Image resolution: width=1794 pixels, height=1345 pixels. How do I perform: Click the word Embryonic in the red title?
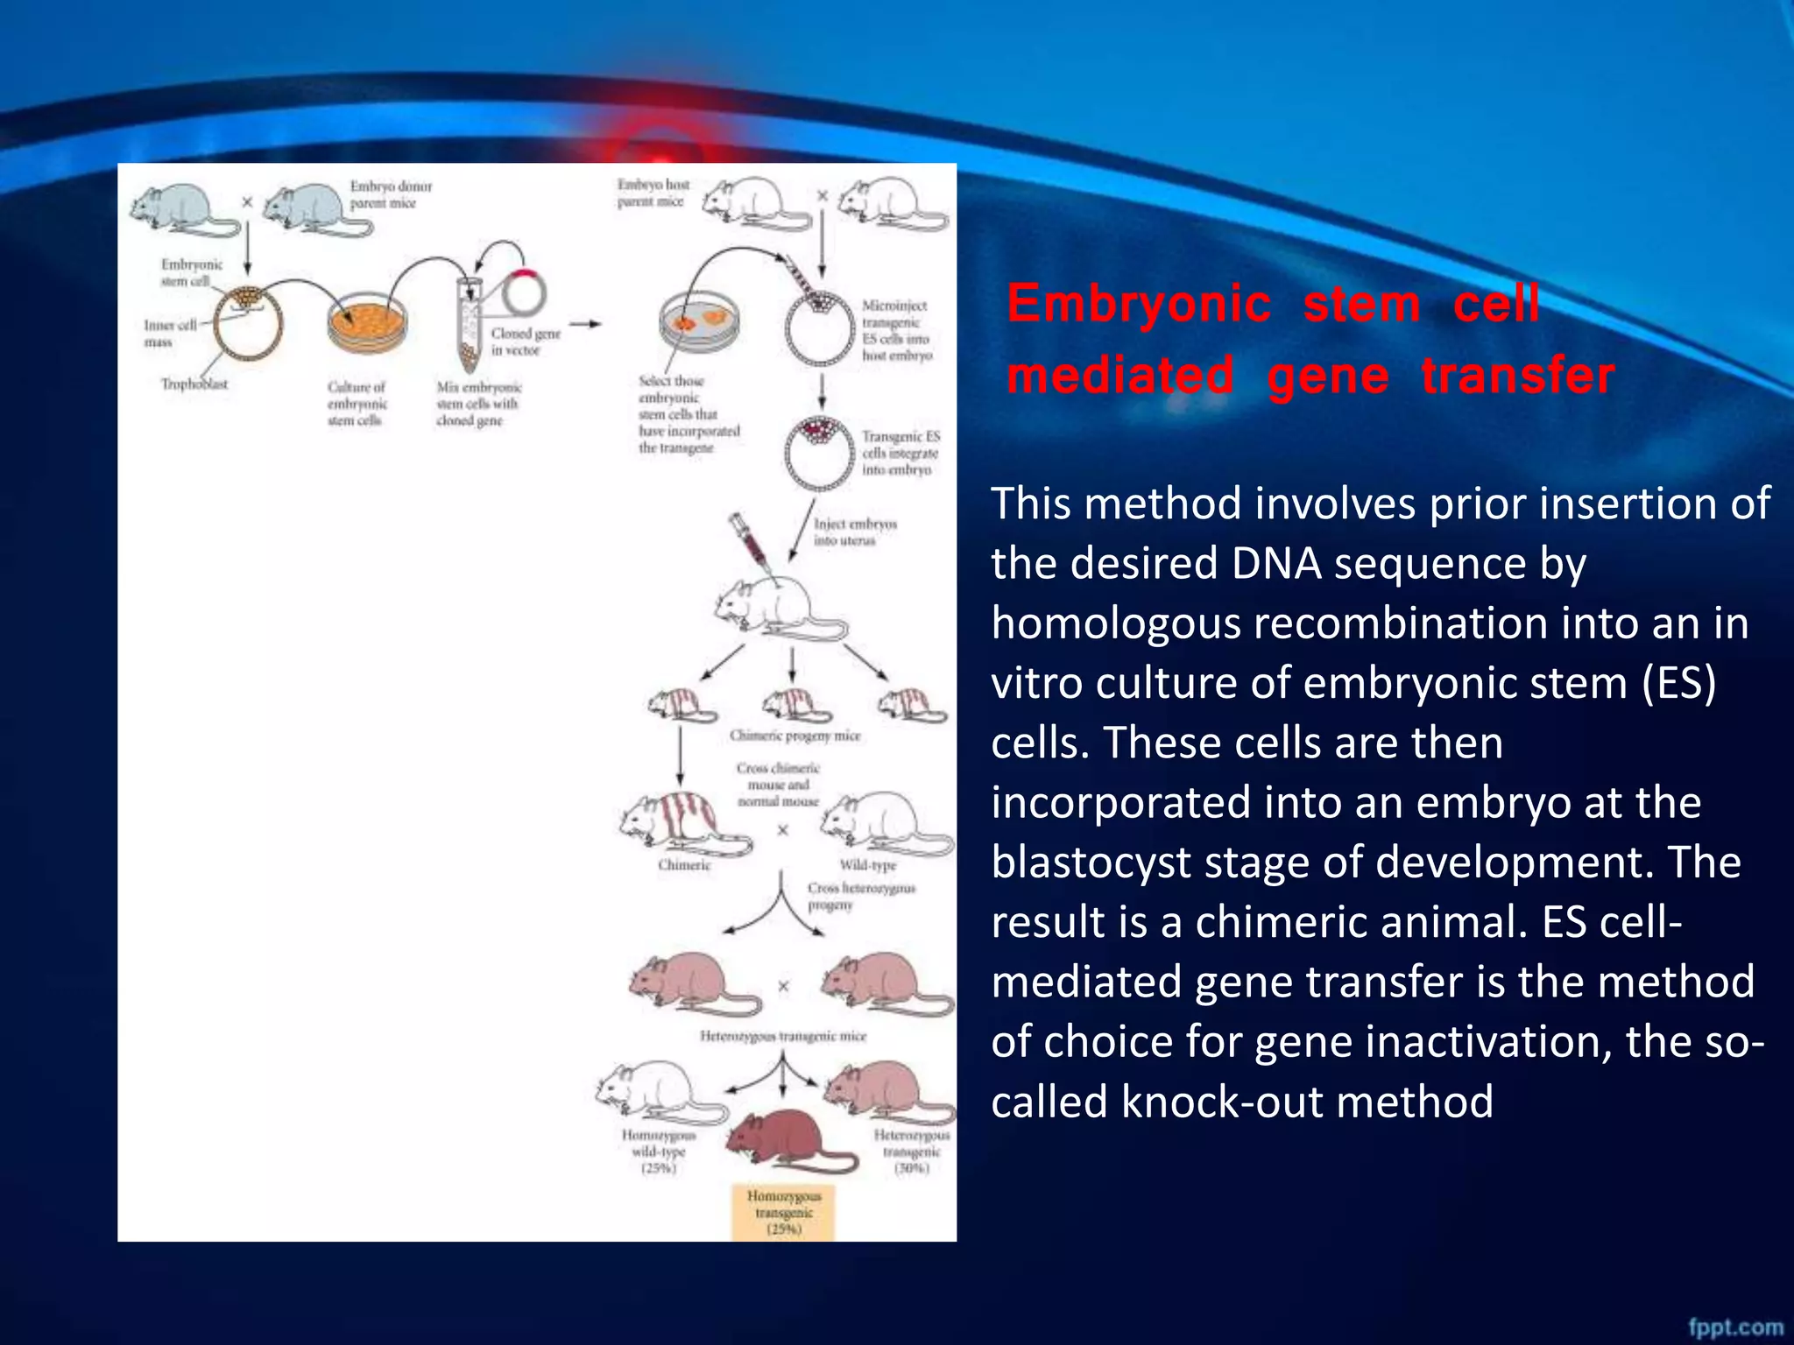coord(1138,304)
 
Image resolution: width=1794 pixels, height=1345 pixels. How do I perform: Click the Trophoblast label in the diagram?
coord(194,384)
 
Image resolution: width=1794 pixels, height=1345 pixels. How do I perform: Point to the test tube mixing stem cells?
coord(470,324)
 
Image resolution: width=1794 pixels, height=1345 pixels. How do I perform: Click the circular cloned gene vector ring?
coord(524,294)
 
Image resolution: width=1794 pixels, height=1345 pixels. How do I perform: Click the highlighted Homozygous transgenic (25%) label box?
coord(784,1212)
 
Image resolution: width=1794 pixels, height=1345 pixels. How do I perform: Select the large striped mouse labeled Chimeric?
coord(679,823)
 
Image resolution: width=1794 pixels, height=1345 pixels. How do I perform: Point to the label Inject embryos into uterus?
coord(854,532)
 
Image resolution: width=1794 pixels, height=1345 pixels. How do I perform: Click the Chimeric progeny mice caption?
coord(795,736)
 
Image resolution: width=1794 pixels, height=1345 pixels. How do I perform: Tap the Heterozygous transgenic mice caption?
coord(783,1036)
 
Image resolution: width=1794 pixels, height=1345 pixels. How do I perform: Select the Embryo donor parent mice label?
coord(391,194)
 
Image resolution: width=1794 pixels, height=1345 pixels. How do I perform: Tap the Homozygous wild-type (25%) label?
coord(659,1151)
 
